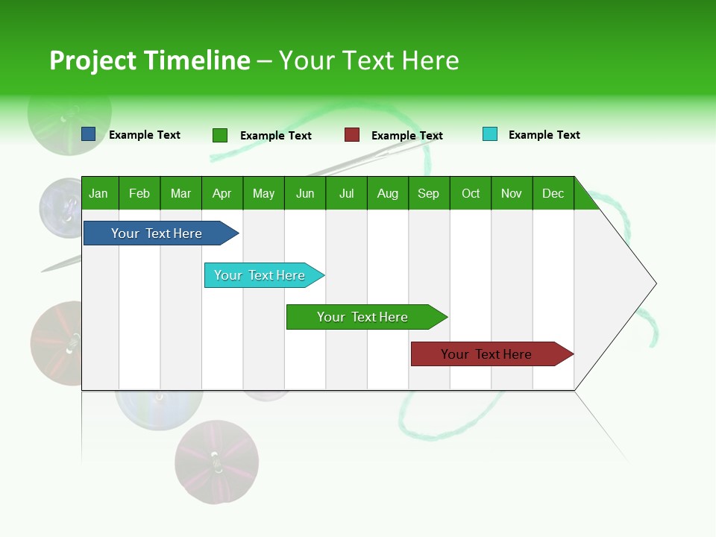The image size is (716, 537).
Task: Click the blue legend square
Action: tap(89, 134)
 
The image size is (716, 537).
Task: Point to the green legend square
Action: tap(220, 135)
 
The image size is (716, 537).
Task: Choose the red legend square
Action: tap(352, 135)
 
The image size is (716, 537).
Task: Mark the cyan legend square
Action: tap(489, 134)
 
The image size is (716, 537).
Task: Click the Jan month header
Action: tap(98, 194)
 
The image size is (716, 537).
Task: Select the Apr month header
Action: tap(222, 194)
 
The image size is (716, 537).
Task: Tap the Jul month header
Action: tap(346, 194)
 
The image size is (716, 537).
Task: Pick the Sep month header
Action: tap(428, 194)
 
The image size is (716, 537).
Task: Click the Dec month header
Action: tap(553, 194)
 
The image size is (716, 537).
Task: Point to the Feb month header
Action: tap(139, 194)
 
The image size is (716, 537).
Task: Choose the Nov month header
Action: tap(512, 194)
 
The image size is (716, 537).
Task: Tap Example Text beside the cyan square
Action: tap(544, 135)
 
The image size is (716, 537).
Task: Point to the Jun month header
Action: tap(305, 194)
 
